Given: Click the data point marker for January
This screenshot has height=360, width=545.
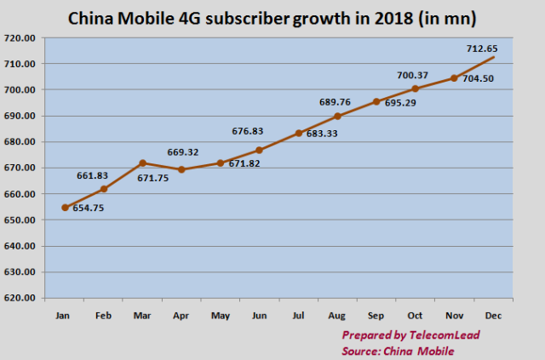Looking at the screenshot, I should tap(65, 207).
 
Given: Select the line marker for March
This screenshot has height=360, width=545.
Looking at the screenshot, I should tap(142, 163).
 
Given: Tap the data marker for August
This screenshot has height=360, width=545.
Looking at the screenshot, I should tap(337, 116).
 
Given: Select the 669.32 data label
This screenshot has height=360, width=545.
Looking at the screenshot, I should tap(182, 151).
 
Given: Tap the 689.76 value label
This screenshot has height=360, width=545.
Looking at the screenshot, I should tap(337, 102).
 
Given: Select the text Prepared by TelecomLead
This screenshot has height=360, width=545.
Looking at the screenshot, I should tap(410, 334).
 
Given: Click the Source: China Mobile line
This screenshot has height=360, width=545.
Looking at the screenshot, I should tap(398, 349).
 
